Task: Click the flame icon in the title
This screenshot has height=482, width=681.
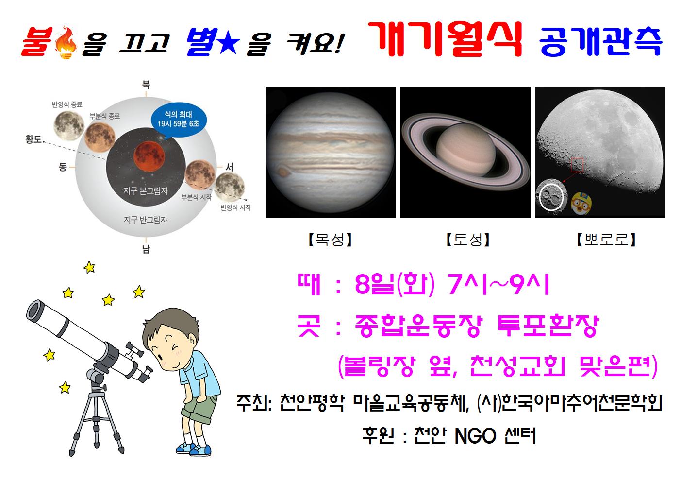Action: pyautogui.click(x=66, y=43)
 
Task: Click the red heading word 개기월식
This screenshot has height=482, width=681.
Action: pyautogui.click(x=445, y=39)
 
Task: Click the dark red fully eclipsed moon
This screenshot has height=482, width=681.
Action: pyautogui.click(x=149, y=156)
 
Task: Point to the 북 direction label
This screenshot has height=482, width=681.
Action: pyautogui.click(x=146, y=84)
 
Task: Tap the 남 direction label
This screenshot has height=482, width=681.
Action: pyautogui.click(x=146, y=249)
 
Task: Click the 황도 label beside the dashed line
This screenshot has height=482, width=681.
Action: pyautogui.click(x=33, y=139)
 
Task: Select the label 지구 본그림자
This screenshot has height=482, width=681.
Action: pyautogui.click(x=146, y=191)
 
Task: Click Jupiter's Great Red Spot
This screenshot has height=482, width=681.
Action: pyautogui.click(x=283, y=172)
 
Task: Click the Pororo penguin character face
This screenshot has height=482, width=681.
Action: pyautogui.click(x=581, y=203)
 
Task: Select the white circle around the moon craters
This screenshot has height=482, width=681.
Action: pyautogui.click(x=551, y=197)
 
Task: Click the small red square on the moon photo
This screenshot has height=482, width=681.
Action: pyautogui.click(x=577, y=165)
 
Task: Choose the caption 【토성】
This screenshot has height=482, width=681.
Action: pyautogui.click(x=468, y=240)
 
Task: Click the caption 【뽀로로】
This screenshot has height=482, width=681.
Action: pyautogui.click(x=606, y=240)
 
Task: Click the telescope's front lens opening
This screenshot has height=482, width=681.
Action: pyautogui.click(x=33, y=310)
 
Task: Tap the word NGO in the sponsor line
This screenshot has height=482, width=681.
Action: pyautogui.click(x=475, y=436)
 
